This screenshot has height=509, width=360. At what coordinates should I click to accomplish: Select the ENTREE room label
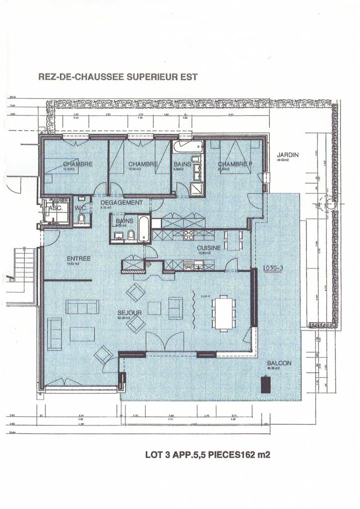click(x=79, y=258)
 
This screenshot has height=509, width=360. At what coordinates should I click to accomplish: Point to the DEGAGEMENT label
click(x=121, y=203)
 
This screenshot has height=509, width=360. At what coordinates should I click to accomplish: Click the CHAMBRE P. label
click(x=235, y=164)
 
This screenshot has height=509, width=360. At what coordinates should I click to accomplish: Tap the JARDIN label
click(x=287, y=155)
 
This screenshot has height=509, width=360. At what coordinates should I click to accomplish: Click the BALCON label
click(x=278, y=363)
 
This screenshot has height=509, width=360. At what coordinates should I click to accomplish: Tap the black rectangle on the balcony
click(x=266, y=384)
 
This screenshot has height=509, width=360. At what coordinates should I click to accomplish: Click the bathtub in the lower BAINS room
click(x=143, y=229)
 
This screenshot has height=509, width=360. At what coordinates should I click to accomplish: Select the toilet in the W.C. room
click(x=82, y=218)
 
